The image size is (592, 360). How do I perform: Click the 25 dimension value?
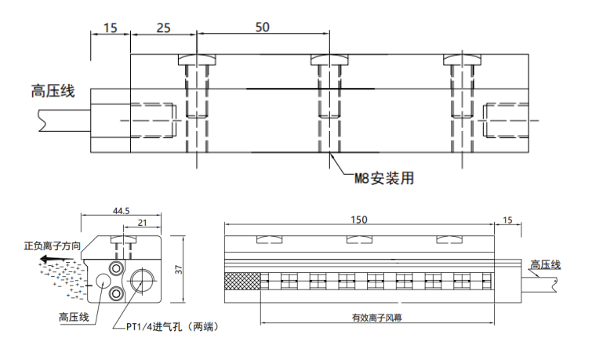click(x=163, y=27)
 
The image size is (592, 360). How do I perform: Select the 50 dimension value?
click(x=262, y=27)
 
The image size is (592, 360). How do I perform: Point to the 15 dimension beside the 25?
click(x=110, y=27)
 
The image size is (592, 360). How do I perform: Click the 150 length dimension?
click(x=358, y=220)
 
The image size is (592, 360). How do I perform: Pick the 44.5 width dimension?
click(x=120, y=211)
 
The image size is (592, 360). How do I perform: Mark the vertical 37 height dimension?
click(x=178, y=269)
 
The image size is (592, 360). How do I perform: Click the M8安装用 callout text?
click(x=383, y=179)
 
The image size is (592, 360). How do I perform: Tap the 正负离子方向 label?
click(x=53, y=246)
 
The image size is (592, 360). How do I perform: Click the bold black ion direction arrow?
click(x=53, y=258)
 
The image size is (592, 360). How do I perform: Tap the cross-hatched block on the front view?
click(x=242, y=281)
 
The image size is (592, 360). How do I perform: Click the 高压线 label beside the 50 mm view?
click(x=53, y=91)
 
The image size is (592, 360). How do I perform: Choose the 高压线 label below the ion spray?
click(x=74, y=317)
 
